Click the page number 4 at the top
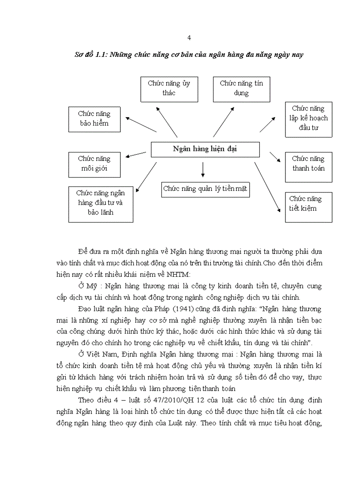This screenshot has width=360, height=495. (x=189, y=38)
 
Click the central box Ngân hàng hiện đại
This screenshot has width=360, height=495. (x=205, y=149)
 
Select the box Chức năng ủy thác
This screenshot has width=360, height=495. (x=169, y=88)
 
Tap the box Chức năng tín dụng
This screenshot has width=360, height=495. (x=241, y=88)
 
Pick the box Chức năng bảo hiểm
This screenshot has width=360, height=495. (x=94, y=119)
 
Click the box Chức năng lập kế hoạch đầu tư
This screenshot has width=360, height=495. (x=308, y=118)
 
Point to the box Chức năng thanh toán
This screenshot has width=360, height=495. (x=308, y=164)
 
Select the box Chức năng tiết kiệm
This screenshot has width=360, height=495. (x=308, y=204)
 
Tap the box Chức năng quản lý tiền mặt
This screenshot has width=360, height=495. (x=205, y=189)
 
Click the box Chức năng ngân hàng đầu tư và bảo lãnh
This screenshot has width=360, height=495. (x=101, y=203)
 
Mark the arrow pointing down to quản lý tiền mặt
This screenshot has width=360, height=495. (x=203, y=169)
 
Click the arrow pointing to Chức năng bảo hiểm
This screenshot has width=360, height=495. (x=141, y=124)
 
